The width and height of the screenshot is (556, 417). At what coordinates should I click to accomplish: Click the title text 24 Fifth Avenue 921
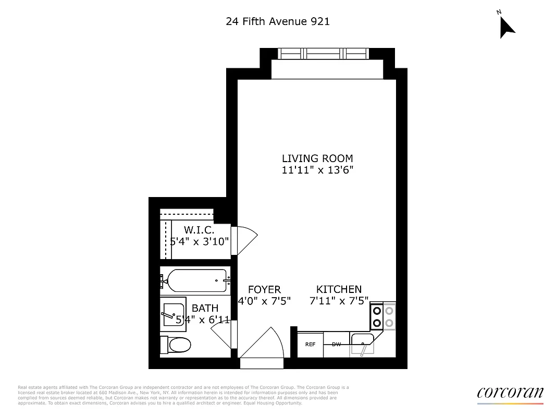click(x=278, y=21)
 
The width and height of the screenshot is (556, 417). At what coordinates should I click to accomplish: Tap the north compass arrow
click(x=506, y=27)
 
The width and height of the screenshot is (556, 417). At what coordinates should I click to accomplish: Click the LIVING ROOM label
click(x=317, y=158)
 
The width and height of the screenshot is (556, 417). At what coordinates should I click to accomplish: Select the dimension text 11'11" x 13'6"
click(x=317, y=170)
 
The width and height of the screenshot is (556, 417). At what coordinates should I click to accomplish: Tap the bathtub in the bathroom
click(x=194, y=281)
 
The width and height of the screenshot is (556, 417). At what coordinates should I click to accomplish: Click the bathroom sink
click(x=172, y=312)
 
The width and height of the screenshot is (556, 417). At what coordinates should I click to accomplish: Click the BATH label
click(x=205, y=309)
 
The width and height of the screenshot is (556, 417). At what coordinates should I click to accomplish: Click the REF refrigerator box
click(x=310, y=345)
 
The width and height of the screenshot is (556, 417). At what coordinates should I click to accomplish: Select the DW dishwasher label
click(x=336, y=345)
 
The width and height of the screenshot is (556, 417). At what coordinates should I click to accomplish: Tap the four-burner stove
click(x=383, y=316)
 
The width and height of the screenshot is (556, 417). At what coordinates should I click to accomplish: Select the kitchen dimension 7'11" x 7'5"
click(x=339, y=301)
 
